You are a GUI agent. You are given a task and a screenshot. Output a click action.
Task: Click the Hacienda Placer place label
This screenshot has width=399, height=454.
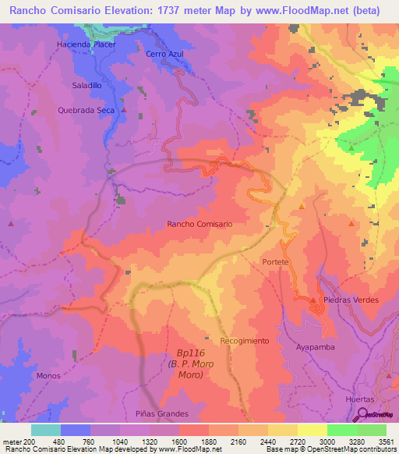coord(86,44)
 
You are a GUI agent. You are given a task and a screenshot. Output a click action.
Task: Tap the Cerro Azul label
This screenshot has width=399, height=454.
coord(163,54)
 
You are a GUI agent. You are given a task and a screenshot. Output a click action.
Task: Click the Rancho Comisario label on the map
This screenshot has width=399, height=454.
coord(200,224)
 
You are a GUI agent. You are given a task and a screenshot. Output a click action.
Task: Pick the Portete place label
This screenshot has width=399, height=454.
coord(276,262)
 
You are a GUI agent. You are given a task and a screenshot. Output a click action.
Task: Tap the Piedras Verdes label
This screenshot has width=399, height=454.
coord(351,300)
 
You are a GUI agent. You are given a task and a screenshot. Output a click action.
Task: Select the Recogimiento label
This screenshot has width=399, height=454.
coord(244,341)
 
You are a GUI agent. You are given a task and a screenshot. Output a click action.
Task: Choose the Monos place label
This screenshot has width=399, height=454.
coord(48,375)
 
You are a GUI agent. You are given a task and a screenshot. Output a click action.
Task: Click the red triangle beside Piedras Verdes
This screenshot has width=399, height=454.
coord(313,300)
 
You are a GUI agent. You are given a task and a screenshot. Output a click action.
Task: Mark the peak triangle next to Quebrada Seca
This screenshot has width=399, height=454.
coord(123,111)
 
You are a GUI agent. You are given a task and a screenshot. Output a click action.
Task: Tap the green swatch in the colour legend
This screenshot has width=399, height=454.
coord(341,430)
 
